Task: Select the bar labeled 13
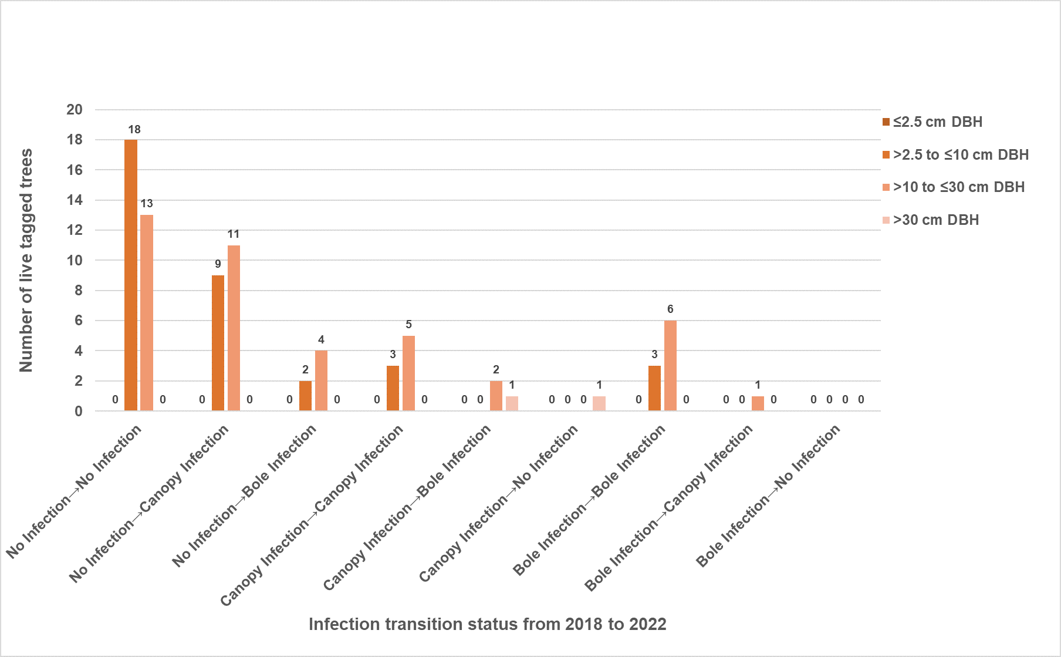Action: [x=147, y=312]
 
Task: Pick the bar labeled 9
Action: [x=218, y=343]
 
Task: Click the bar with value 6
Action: [x=670, y=365]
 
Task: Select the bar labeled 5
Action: [x=408, y=373]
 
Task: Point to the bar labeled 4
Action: [x=321, y=380]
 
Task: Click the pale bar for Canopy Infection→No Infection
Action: [x=599, y=403]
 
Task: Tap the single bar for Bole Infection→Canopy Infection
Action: [x=758, y=403]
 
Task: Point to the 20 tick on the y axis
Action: [x=75, y=110]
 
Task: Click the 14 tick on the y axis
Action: [x=75, y=200]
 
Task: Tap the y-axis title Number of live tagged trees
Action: [x=26, y=260]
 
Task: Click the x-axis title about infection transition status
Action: [x=487, y=624]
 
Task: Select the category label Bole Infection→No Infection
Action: [x=768, y=495]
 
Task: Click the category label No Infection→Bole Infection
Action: [x=244, y=495]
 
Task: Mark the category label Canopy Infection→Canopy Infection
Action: [x=312, y=514]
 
